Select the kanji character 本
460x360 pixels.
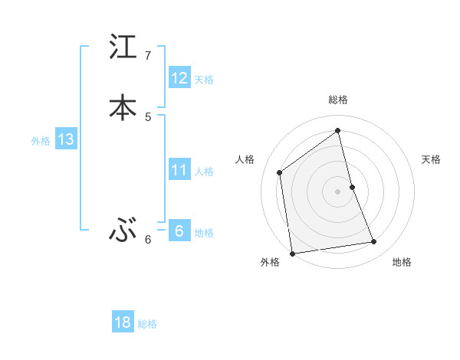click(123, 106)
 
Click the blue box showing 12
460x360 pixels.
click(179, 78)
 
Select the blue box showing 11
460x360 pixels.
click(179, 170)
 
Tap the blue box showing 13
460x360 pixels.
click(65, 139)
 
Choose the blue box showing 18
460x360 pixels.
click(123, 322)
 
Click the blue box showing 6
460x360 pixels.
click(179, 231)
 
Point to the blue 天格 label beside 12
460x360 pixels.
click(204, 80)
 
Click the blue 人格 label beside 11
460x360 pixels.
click(205, 172)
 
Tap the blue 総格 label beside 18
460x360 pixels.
click(147, 324)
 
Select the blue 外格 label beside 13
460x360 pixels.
click(41, 141)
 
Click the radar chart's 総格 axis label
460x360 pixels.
click(338, 100)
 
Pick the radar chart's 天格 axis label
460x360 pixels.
click(431, 159)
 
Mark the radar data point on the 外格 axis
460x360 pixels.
click(292, 253)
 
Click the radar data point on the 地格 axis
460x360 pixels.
click(374, 242)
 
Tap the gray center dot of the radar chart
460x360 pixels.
click(338, 191)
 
